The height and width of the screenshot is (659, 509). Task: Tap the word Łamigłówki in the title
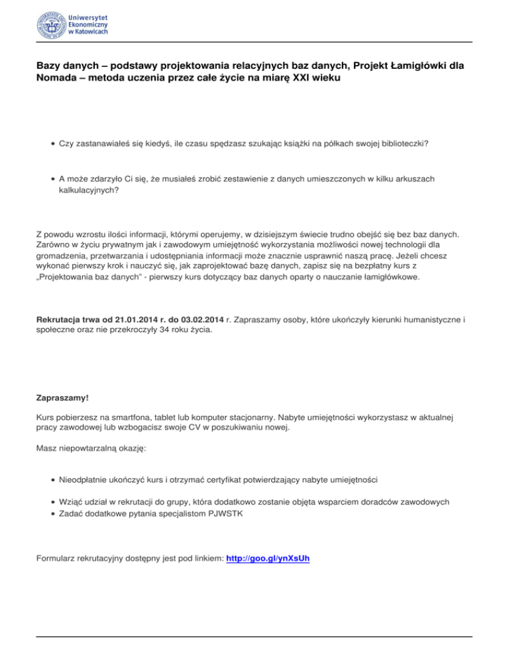(x=406, y=66)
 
